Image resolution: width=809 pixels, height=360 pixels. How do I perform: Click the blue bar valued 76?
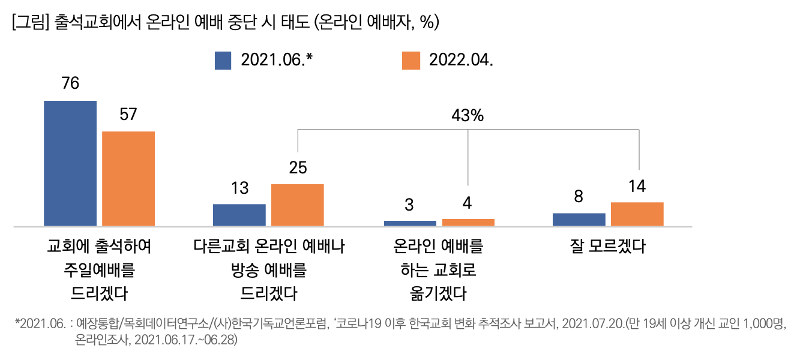tap(70, 163)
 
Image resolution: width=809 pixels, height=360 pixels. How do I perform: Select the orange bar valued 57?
tap(128, 178)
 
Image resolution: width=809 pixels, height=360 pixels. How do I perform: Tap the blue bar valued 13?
tap(239, 215)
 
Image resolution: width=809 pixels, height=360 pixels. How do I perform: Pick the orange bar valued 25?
tap(297, 205)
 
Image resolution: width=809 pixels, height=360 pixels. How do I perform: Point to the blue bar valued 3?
tap(410, 223)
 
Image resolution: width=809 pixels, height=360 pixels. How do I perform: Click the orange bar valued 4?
tap(468, 222)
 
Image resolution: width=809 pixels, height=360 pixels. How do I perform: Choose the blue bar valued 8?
tap(579, 220)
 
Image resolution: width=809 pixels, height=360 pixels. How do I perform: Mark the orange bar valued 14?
tap(637, 214)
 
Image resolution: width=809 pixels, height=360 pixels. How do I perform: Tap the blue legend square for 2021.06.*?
tap(223, 61)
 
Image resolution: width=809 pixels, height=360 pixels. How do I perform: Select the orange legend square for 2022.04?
tap(411, 61)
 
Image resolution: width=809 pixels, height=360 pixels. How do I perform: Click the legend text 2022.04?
tap(461, 61)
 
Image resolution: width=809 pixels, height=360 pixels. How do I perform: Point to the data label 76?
tap(70, 84)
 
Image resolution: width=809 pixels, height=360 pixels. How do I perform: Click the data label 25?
tap(298, 168)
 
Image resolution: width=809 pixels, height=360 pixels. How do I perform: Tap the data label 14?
tap(637, 187)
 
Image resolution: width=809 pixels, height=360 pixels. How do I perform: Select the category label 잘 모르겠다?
tap(608, 247)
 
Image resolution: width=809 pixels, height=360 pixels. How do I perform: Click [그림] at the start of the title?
tap(30, 23)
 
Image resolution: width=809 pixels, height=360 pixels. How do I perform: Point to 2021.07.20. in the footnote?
tap(592, 325)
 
